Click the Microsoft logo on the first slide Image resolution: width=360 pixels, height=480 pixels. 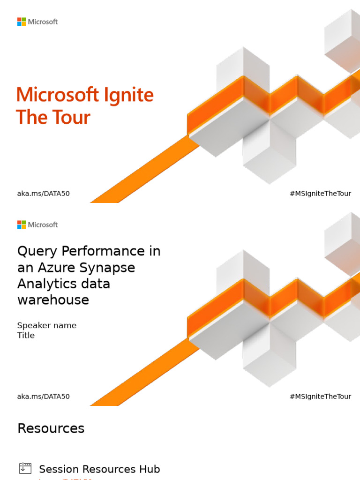[x=37, y=22]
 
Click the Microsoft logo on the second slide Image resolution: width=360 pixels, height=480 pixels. [x=37, y=225]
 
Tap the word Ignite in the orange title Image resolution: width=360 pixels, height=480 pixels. [x=127, y=96]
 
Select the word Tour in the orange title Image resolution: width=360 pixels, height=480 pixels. [x=70, y=117]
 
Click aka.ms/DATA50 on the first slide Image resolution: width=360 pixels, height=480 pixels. [x=43, y=194]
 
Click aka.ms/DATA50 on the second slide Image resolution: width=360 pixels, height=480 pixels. [x=43, y=397]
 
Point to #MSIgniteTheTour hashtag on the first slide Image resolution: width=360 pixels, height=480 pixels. [x=320, y=194]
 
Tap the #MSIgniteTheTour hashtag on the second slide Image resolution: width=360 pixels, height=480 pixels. [x=320, y=397]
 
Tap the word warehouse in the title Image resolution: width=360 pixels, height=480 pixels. [x=53, y=300]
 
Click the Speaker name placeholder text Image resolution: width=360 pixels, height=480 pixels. [x=47, y=325]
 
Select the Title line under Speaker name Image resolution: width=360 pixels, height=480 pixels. [x=26, y=335]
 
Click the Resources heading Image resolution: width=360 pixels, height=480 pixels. [x=51, y=428]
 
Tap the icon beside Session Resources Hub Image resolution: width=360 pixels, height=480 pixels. [x=25, y=468]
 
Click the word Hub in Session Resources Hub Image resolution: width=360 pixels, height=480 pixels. [x=150, y=469]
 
